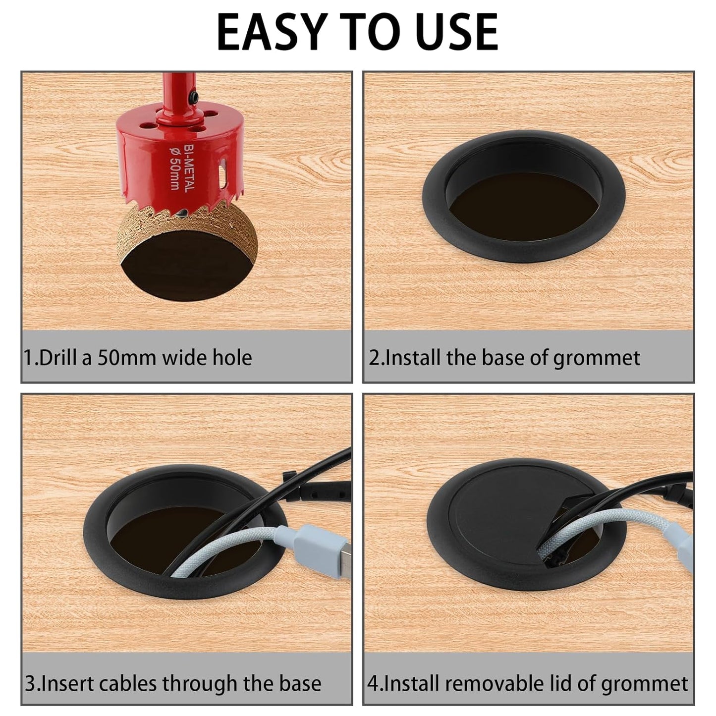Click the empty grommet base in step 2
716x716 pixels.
click(524, 208)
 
